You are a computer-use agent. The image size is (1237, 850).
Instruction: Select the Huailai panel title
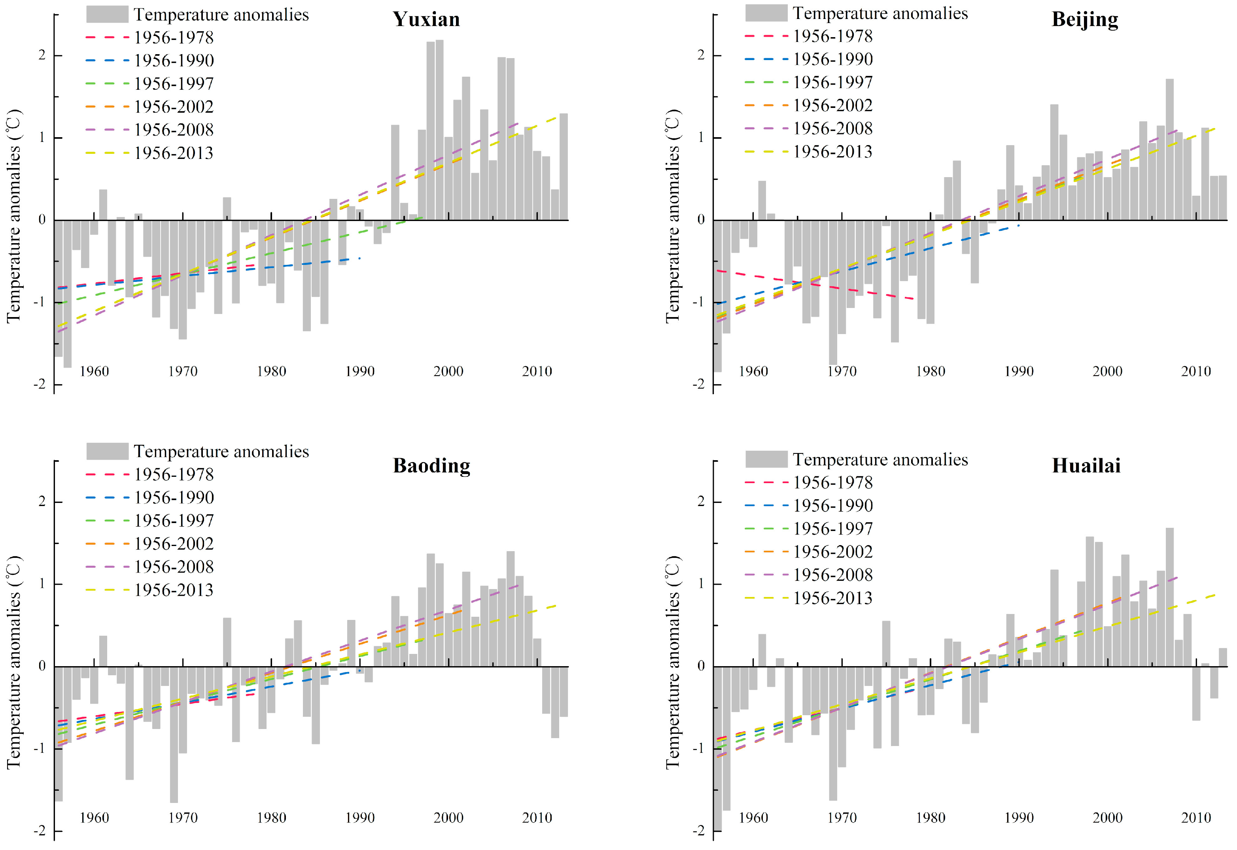click(x=1086, y=465)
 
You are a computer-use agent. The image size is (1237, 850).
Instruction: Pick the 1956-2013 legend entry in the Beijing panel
click(x=809, y=152)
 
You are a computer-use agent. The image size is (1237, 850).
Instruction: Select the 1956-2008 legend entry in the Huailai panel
click(x=809, y=575)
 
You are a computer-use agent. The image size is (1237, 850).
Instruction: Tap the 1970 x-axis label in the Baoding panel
click(x=183, y=818)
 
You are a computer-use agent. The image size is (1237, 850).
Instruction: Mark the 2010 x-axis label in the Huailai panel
click(x=1196, y=818)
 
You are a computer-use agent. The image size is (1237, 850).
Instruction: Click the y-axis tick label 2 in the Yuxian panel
click(x=42, y=55)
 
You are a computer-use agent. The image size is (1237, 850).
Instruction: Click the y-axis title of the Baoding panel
click(x=13, y=661)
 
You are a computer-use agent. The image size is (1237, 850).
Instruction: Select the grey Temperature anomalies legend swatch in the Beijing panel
click(x=766, y=13)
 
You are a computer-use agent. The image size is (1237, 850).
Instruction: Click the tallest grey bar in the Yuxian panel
click(x=439, y=130)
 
